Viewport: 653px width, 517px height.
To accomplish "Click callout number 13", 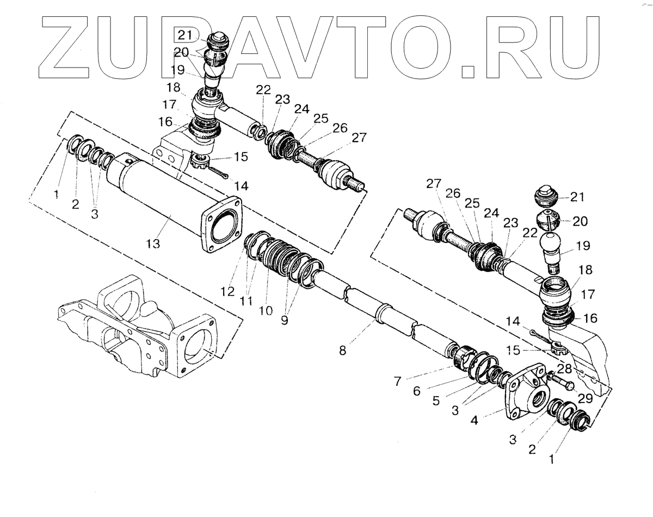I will tap(153, 244).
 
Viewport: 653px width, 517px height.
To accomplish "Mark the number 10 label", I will tap(266, 311).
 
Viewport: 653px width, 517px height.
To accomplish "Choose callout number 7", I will tap(398, 381).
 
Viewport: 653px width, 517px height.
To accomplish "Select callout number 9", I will tap(284, 320).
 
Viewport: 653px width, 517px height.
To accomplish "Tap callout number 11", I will tap(247, 300).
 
